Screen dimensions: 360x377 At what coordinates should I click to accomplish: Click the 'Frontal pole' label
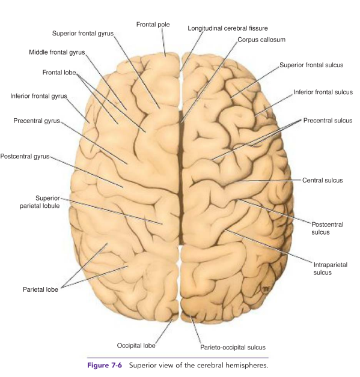pos(153,25)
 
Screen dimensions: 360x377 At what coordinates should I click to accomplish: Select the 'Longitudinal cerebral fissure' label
pos(228,28)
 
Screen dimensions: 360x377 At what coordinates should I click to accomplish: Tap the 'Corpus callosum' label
pos(261,40)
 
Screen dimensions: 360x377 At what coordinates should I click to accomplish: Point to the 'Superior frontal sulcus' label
pos(311,65)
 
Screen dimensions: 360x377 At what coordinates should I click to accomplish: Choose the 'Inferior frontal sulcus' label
pos(323,92)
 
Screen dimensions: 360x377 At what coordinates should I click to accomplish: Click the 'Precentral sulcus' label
pos(328,121)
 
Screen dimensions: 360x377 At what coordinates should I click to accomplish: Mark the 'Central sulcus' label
pos(323,180)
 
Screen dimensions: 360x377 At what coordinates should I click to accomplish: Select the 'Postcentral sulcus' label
pos(328,228)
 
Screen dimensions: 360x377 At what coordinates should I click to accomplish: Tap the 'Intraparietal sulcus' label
pos(331,269)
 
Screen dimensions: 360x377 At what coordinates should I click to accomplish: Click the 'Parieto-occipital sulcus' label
pos(233,348)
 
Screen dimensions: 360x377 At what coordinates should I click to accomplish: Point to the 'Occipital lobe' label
pos(136,346)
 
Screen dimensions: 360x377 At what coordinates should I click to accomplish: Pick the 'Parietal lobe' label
pos(40,289)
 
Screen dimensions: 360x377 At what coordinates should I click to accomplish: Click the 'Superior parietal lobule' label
pos(40,202)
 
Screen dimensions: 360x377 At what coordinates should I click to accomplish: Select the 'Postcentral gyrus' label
pos(25,156)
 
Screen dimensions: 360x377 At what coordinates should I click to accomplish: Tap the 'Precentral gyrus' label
pos(37,121)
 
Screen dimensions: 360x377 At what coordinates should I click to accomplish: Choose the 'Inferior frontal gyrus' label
pos(38,96)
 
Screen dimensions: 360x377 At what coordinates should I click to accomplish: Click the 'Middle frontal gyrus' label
pos(57,52)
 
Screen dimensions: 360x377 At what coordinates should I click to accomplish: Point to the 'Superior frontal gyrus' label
pos(83,34)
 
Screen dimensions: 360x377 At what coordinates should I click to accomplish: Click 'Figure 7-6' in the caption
pos(105,366)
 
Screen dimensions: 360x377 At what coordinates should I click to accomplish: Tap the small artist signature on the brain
pos(265,289)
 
